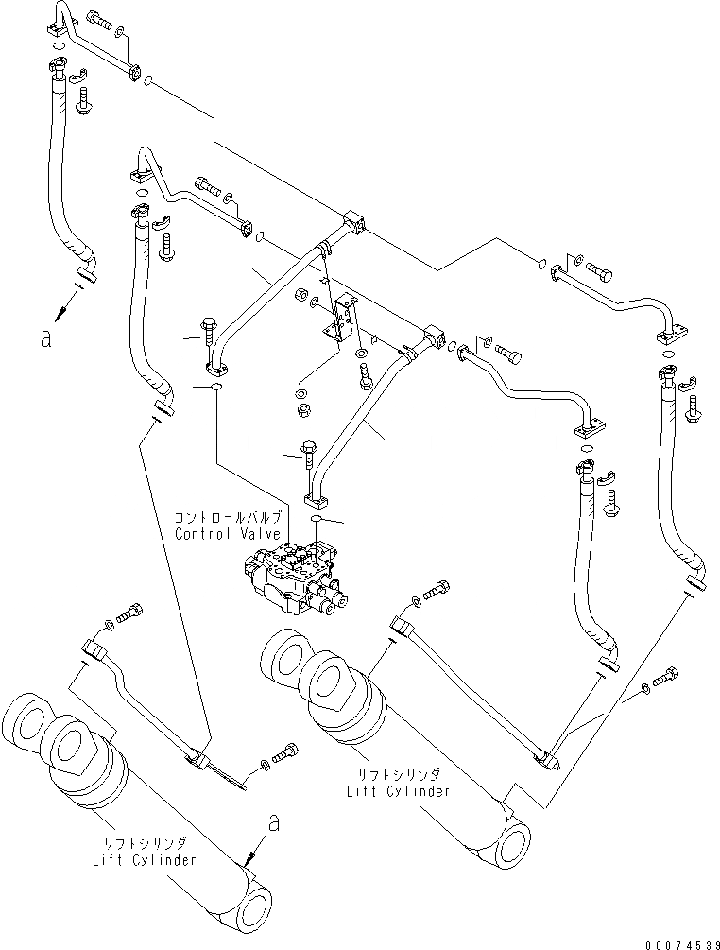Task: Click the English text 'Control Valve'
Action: point(228,534)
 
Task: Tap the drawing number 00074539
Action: point(682,944)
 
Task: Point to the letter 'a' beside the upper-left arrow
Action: point(46,338)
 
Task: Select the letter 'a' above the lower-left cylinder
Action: point(274,823)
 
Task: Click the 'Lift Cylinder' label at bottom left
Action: point(145,859)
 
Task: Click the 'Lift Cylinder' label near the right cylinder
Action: point(399,790)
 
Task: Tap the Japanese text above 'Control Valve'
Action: point(228,518)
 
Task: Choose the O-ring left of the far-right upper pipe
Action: point(542,263)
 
